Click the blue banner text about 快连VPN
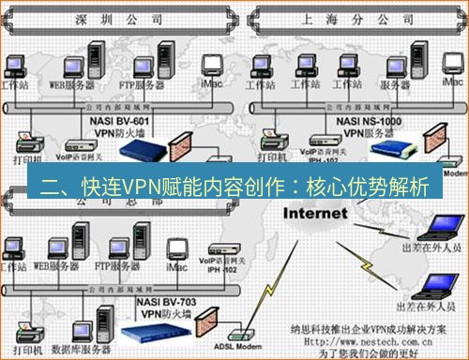[234, 185]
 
